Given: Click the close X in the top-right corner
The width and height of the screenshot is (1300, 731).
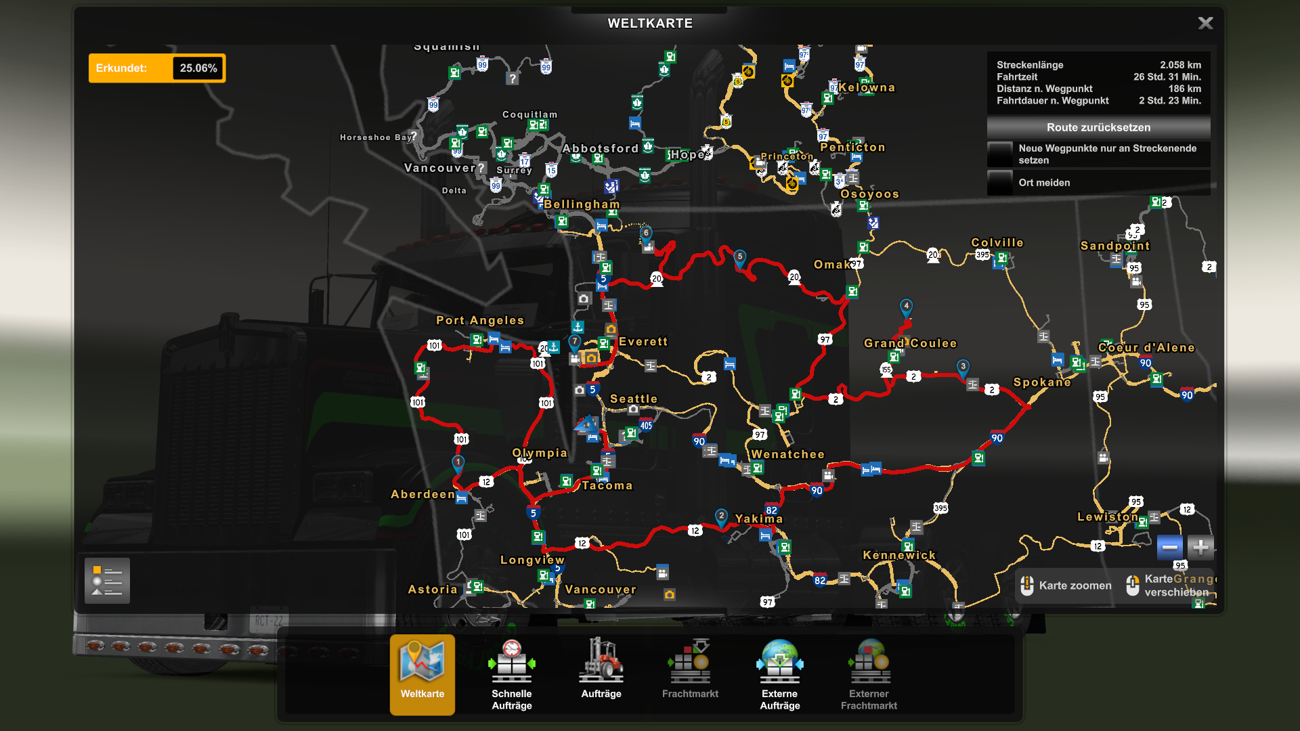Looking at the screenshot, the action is [x=1205, y=23].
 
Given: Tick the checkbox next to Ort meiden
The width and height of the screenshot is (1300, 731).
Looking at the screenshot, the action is [x=1000, y=183].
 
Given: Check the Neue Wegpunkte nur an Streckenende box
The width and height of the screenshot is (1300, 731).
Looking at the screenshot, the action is [x=1000, y=154].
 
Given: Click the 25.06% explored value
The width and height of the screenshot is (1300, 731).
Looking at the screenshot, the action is [x=198, y=68].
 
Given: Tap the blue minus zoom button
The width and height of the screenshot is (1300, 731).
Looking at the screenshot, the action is [x=1169, y=547].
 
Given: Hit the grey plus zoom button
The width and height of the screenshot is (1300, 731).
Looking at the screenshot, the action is [x=1200, y=547].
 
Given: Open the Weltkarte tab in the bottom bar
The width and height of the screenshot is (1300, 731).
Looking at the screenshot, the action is [x=422, y=673].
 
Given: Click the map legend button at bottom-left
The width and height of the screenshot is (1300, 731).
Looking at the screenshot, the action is [x=107, y=580].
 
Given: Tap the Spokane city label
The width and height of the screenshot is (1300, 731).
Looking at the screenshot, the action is [x=1041, y=382].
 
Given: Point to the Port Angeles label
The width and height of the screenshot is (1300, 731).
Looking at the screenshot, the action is [x=479, y=321].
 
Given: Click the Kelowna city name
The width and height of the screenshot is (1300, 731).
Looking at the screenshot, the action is [x=867, y=88].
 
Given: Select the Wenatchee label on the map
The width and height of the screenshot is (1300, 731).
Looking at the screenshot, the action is [x=787, y=455].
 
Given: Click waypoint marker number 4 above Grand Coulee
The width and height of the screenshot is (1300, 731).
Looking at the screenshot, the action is [x=906, y=307].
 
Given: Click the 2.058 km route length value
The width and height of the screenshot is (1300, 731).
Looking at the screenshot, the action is [x=1180, y=65].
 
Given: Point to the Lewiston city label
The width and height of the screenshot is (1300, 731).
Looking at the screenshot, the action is [x=1107, y=517].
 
